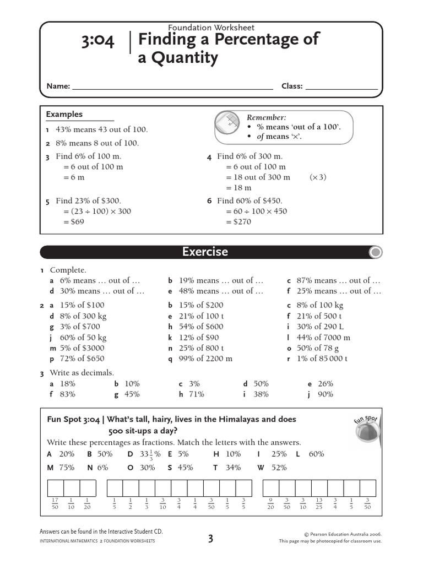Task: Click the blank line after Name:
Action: (x=172, y=86)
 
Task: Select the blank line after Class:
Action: (x=341, y=86)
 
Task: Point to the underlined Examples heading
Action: (x=64, y=115)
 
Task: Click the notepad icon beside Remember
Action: (x=227, y=124)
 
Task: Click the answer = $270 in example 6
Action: (x=238, y=222)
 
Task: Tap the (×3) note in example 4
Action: (x=318, y=177)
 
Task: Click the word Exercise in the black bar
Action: (x=205, y=252)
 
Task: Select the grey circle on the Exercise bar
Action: (x=375, y=253)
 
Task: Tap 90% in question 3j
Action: (x=325, y=394)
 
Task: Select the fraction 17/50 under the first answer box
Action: (x=55, y=503)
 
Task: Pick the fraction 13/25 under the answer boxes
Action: (x=318, y=503)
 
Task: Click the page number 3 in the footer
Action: (x=211, y=539)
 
